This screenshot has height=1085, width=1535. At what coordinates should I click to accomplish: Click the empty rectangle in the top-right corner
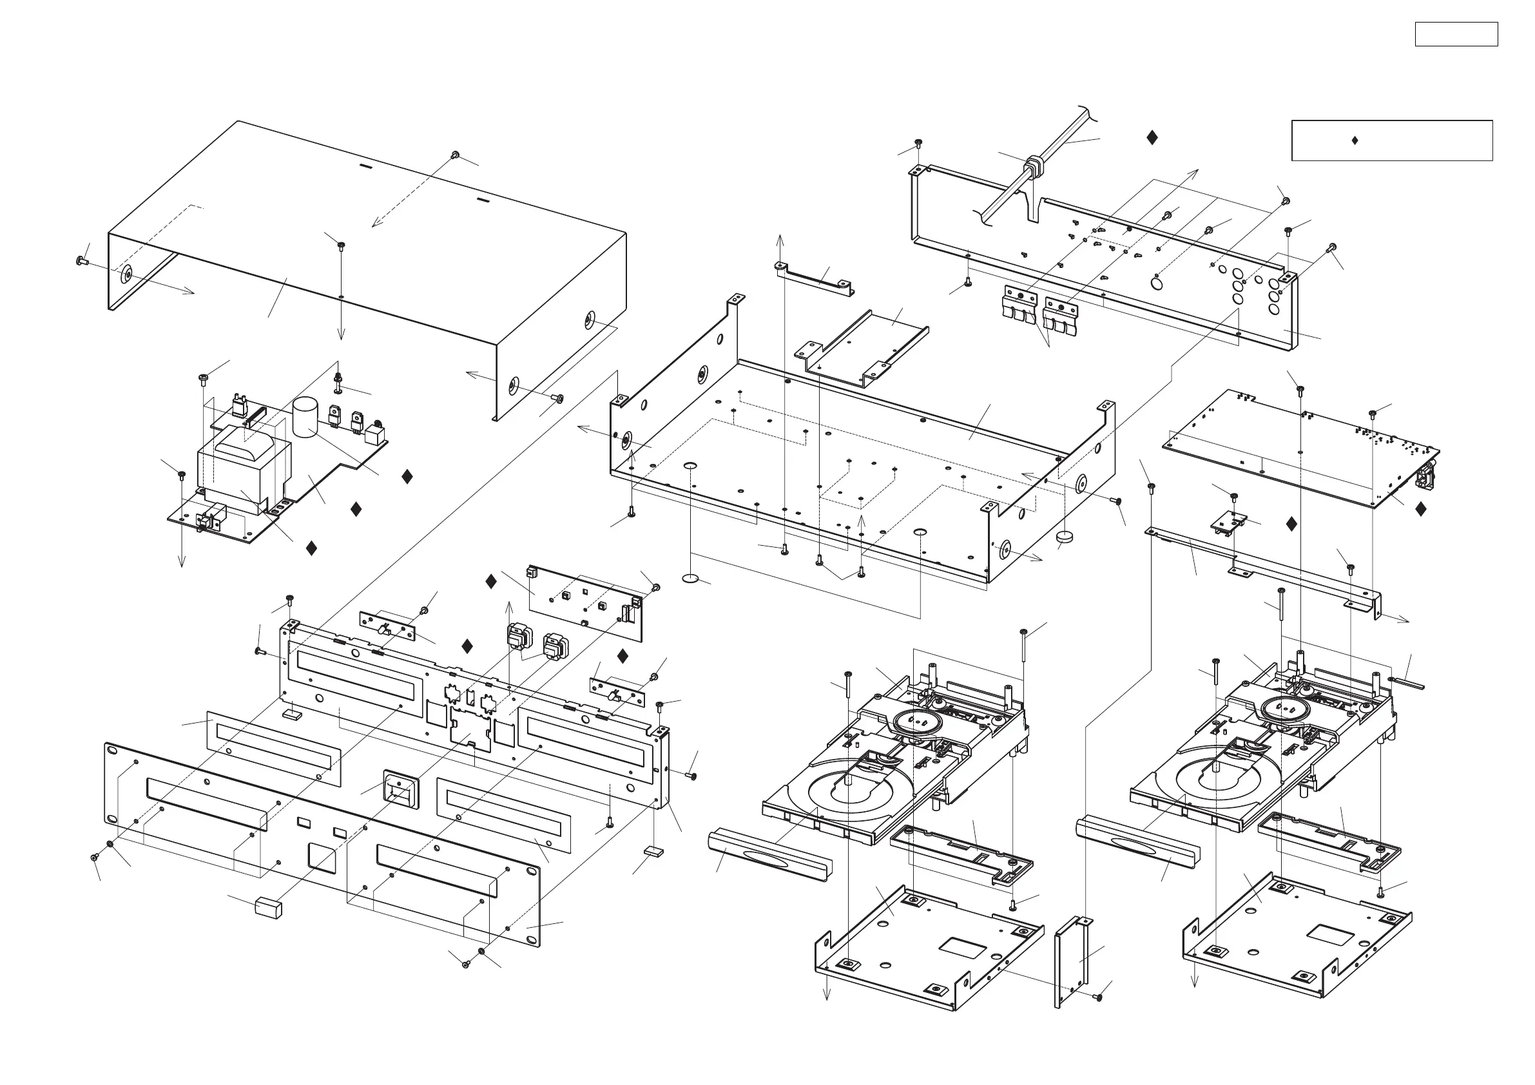[1456, 34]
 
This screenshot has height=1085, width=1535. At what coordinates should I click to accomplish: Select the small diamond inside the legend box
[1355, 140]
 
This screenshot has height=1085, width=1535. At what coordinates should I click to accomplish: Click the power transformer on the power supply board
[244, 468]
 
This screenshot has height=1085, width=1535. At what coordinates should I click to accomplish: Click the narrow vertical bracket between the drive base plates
[1072, 963]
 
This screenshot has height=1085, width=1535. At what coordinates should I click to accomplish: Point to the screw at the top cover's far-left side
[83, 261]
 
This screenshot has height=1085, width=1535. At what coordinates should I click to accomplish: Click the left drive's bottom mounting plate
[929, 949]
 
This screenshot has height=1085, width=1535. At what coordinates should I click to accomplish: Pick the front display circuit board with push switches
[585, 602]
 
